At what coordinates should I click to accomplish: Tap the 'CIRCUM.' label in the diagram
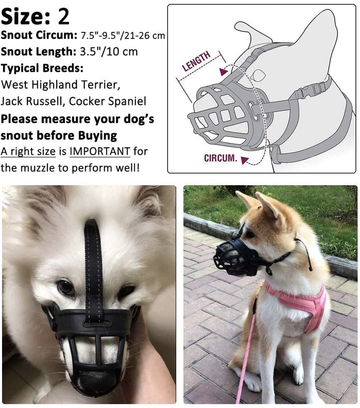tap(220, 158)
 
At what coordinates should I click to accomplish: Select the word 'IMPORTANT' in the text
tap(100, 151)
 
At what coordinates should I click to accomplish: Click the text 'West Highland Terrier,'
tap(61, 85)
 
